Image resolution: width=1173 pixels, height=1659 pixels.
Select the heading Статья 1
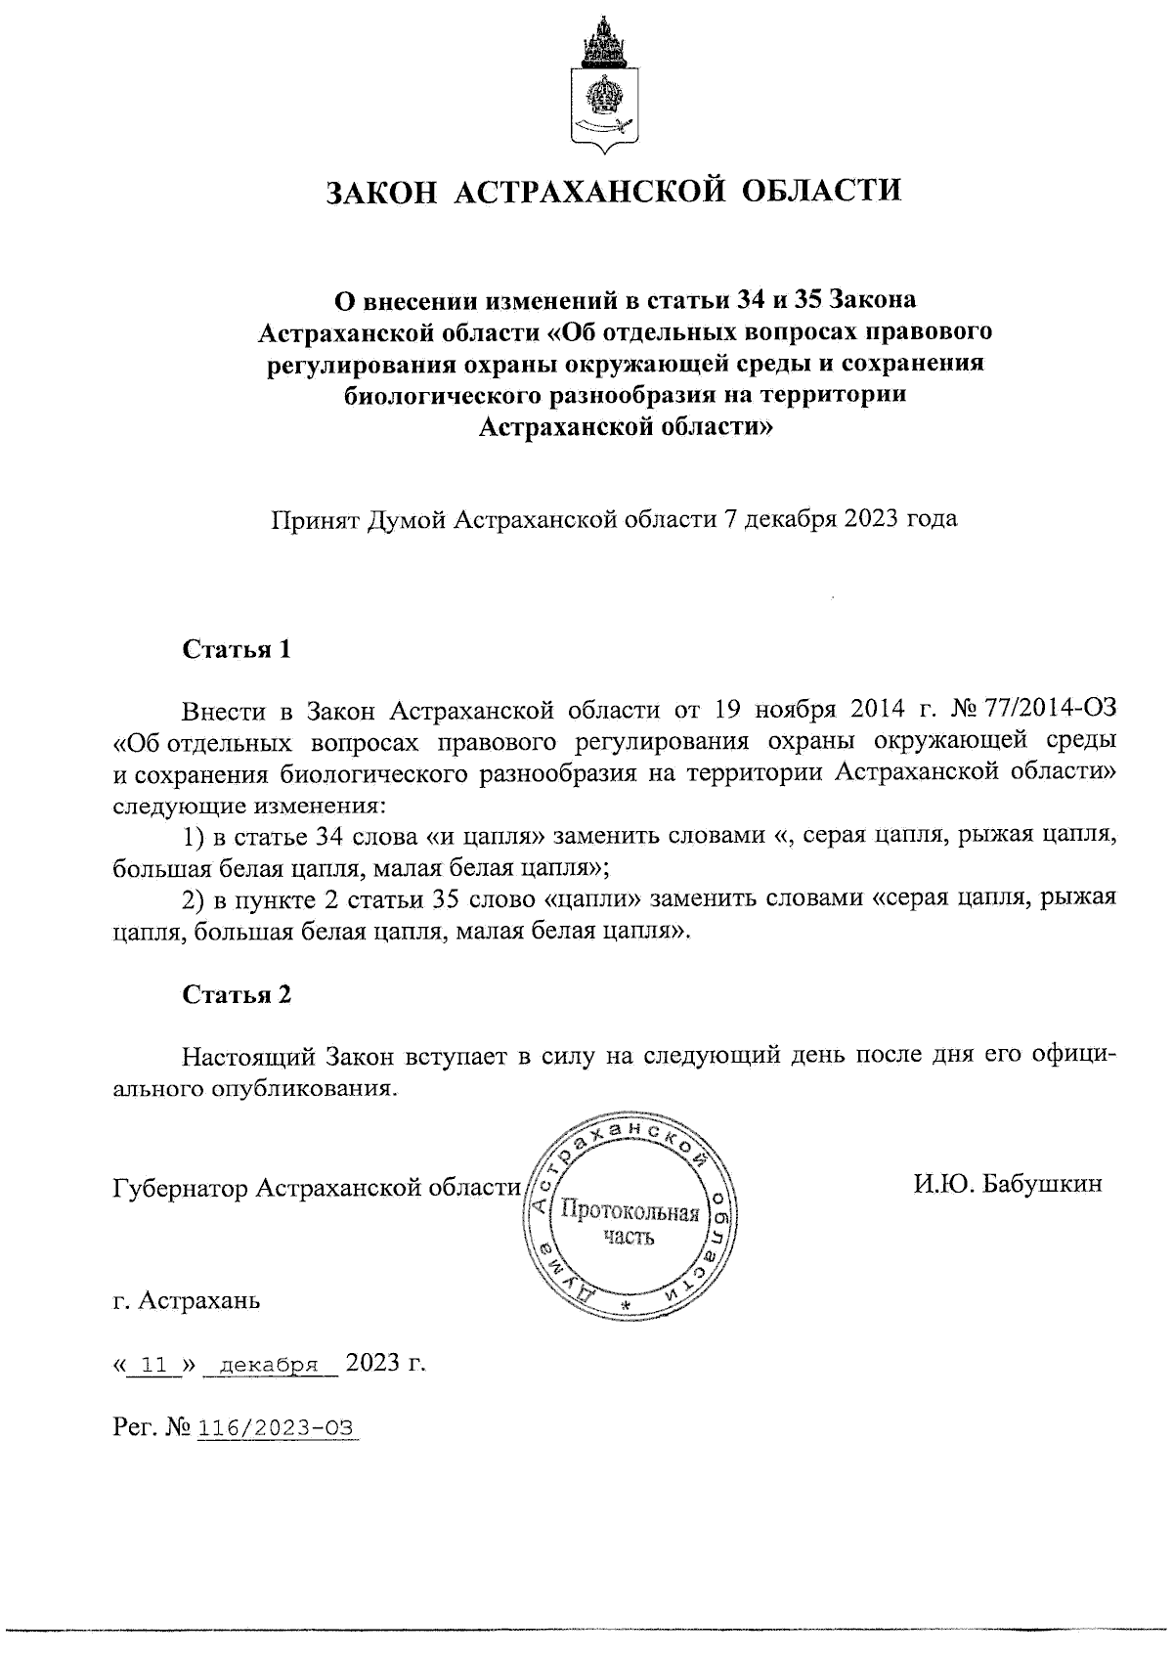click(x=237, y=650)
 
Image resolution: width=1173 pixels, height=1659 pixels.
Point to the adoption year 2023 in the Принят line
click(x=869, y=518)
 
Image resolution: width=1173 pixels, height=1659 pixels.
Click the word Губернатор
click(x=182, y=1188)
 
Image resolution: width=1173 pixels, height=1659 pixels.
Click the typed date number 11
click(x=152, y=1365)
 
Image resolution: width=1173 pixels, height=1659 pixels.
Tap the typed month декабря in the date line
click(x=270, y=1365)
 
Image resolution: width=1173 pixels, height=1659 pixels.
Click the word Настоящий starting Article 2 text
click(x=249, y=1056)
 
